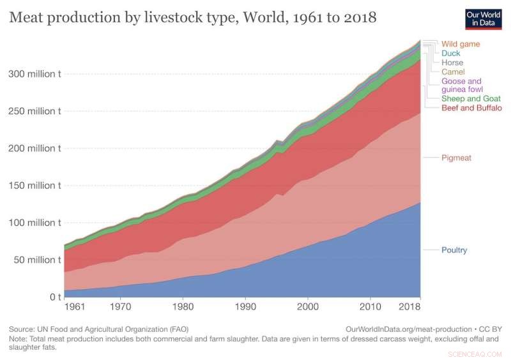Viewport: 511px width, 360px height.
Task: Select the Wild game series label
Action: coord(460,44)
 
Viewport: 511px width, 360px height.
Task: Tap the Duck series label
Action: coord(450,54)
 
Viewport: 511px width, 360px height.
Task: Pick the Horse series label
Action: coord(452,63)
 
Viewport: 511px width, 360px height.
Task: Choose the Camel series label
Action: coord(453,72)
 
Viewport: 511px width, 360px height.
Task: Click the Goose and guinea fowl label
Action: coord(461,86)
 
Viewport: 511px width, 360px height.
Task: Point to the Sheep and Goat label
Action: coord(471,99)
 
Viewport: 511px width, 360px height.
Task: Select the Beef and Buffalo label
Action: coord(471,108)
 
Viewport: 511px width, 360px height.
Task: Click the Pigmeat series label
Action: coord(456,157)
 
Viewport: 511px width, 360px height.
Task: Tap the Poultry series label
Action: coord(454,250)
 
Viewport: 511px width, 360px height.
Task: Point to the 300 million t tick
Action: coord(35,74)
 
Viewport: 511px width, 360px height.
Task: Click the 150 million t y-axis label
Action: coord(35,186)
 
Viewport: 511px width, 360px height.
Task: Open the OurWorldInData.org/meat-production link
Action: coord(409,328)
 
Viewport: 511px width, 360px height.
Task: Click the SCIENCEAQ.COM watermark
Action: coord(476,352)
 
